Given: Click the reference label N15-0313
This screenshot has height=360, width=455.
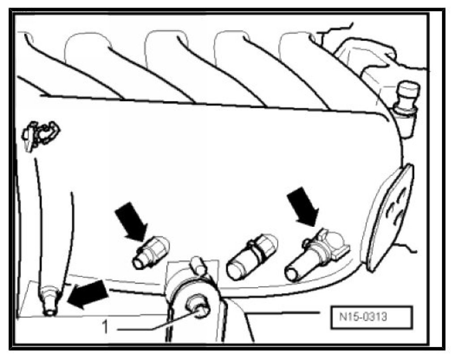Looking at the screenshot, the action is (370, 318).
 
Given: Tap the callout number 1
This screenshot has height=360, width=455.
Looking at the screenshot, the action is (106, 327).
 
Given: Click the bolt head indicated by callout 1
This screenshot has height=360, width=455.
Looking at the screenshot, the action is (200, 308).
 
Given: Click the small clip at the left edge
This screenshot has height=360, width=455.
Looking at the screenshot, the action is (40, 134).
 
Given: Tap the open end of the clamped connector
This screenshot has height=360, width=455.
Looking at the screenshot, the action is (293, 274).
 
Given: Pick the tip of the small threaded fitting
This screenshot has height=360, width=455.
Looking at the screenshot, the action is (139, 263).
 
